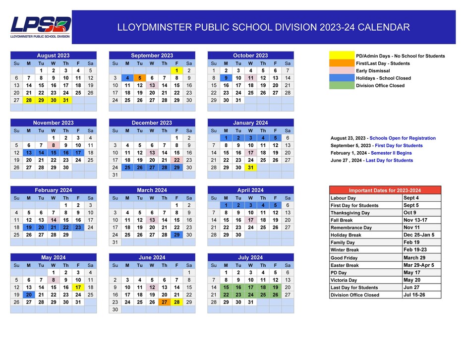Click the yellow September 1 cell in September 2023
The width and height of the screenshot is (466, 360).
click(x=176, y=70)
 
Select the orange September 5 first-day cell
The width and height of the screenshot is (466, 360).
click(x=139, y=78)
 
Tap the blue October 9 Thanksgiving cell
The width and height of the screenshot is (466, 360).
click(x=226, y=78)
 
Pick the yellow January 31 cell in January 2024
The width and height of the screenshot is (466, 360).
click(x=250, y=167)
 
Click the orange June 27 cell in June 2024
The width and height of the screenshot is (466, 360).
click(x=164, y=302)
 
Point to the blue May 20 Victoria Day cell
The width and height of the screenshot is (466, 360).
click(x=29, y=295)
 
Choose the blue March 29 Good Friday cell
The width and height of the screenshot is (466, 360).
click(x=176, y=235)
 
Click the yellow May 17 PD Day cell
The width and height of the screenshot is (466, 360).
click(x=78, y=287)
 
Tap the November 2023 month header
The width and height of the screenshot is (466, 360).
click(x=53, y=122)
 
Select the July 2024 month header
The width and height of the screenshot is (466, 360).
click(x=250, y=257)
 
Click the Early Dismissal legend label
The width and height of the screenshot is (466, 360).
click(x=373, y=70)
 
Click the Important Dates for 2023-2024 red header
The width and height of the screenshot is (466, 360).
click(x=385, y=190)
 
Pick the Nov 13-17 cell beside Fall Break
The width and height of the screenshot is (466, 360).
click(x=420, y=220)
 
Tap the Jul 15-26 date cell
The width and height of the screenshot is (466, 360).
click(x=420, y=295)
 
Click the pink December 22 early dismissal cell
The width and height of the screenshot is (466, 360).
click(x=176, y=160)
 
